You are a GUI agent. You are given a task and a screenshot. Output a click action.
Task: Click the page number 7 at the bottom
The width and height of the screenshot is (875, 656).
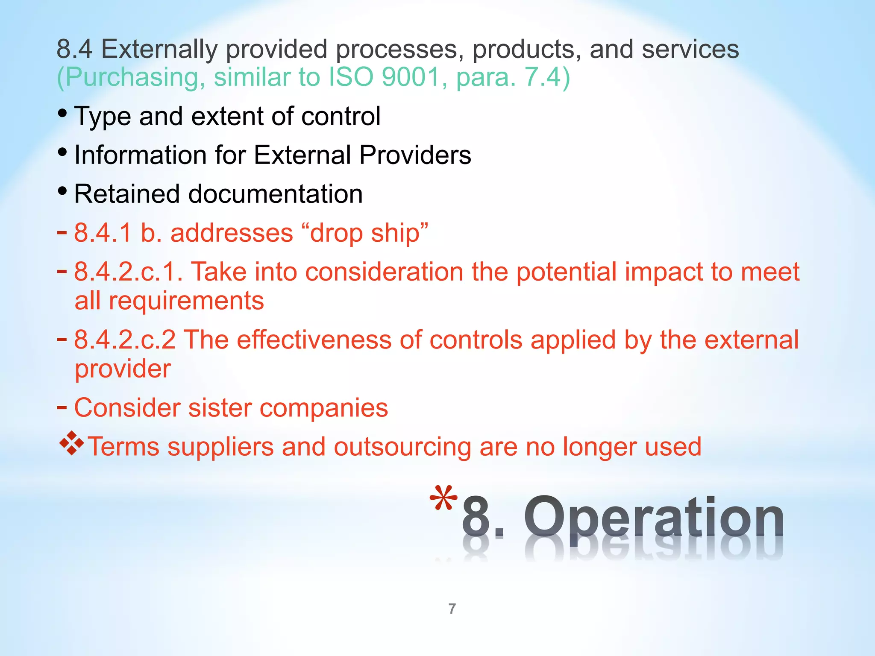452,609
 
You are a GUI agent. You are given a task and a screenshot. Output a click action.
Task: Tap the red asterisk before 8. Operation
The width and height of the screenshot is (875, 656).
443,499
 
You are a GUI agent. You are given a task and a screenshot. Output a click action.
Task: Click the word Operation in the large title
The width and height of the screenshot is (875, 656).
654,518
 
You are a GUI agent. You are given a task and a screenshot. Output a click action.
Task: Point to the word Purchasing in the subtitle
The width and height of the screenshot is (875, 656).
132,77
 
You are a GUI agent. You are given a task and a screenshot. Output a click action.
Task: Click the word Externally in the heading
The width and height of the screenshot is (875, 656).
159,49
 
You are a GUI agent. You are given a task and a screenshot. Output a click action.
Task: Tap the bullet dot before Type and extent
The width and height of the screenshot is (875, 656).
62,113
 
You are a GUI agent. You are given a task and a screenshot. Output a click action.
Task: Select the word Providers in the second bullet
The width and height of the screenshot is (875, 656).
415,155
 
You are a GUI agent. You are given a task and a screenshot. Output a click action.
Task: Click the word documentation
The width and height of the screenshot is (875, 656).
276,194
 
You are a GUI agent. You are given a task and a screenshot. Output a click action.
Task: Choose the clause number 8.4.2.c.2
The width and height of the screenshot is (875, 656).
125,340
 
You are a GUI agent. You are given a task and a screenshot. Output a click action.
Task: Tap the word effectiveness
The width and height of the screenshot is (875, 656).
314,340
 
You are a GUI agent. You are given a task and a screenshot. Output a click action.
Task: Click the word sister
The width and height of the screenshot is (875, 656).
220,408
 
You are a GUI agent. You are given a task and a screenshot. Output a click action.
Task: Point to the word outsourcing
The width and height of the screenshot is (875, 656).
402,447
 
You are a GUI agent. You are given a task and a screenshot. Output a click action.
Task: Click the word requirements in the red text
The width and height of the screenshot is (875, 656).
186,301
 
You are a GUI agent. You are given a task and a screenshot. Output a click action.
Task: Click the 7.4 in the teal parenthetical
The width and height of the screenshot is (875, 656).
542,77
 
